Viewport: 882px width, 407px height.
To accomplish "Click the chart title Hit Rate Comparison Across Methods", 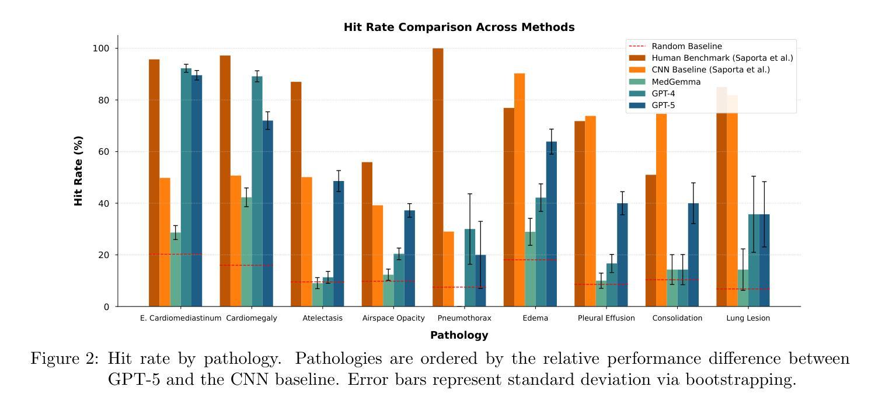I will coord(459,27).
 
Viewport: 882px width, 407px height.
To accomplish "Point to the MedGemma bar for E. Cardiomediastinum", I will coord(175,269).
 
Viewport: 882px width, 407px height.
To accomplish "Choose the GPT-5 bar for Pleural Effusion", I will coord(622,255).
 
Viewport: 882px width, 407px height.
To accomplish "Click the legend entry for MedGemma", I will coord(676,82).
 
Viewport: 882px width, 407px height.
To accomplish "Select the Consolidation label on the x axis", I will coord(677,318).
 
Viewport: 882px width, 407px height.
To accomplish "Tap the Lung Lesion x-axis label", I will coord(748,318).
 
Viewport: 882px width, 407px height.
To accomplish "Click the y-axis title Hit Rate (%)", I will coord(79,171).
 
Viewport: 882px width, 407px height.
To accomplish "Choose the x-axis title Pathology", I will coord(459,335).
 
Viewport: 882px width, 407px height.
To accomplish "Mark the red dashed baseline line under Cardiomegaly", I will coord(246,265).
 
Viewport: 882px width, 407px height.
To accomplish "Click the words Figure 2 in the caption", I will coord(64,359).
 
